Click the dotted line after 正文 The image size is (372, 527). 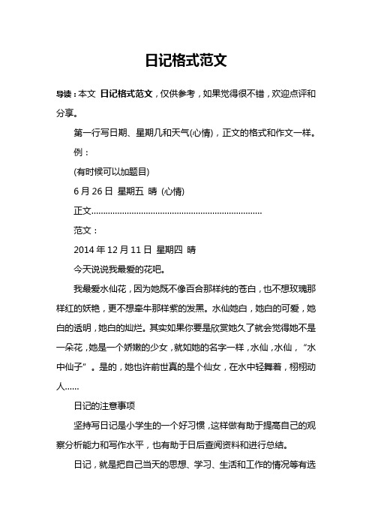[176, 210]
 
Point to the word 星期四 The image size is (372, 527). [172, 248]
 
